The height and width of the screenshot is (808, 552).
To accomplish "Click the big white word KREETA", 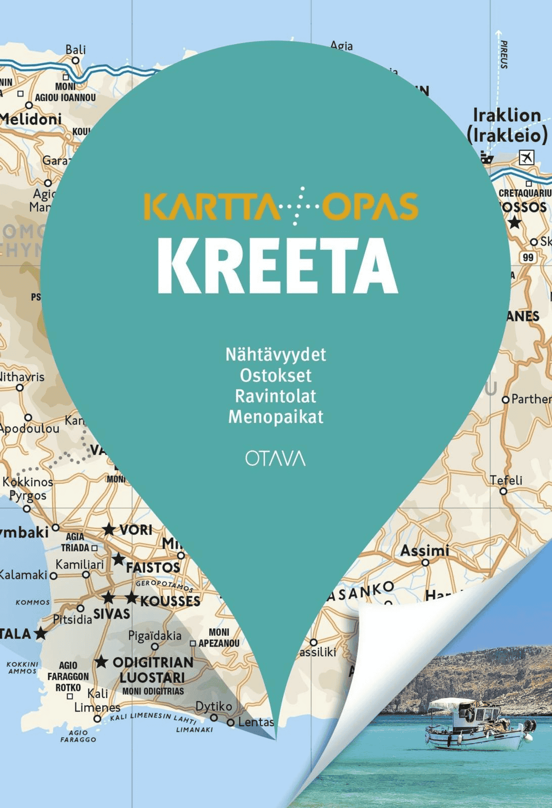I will pyautogui.click(x=277, y=266).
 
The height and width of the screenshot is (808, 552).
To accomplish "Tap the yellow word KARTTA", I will pyautogui.click(x=211, y=206).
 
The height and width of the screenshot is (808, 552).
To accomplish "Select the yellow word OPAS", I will pyautogui.click(x=370, y=206).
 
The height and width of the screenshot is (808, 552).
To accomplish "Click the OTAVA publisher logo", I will pyautogui.click(x=275, y=458).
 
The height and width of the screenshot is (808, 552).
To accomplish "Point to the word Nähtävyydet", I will pyautogui.click(x=276, y=355).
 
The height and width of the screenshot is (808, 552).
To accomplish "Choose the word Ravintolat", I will pyautogui.click(x=276, y=396).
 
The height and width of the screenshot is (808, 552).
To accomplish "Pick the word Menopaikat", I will pyautogui.click(x=276, y=417).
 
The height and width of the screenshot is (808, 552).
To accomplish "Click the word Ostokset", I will pyautogui.click(x=276, y=375).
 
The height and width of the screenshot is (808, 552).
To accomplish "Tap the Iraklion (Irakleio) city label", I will pyautogui.click(x=507, y=125).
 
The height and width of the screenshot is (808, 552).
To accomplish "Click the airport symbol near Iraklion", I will pyautogui.click(x=526, y=157).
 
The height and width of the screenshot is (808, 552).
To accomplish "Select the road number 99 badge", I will pyautogui.click(x=528, y=257).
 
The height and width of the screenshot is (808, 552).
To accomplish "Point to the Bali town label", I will pyautogui.click(x=75, y=50).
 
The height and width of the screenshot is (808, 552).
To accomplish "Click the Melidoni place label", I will pyautogui.click(x=30, y=119).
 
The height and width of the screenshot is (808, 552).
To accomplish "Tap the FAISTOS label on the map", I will pyautogui.click(x=153, y=567).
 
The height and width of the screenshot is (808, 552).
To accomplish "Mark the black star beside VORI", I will pyautogui.click(x=109, y=529).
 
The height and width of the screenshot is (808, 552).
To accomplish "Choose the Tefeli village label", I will pyautogui.click(x=506, y=480).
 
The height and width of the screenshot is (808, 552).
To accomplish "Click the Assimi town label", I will pyautogui.click(x=425, y=550).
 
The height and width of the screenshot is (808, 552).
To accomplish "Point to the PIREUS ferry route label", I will pyautogui.click(x=504, y=55).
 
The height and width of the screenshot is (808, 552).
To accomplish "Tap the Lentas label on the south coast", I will pyautogui.click(x=256, y=722).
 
